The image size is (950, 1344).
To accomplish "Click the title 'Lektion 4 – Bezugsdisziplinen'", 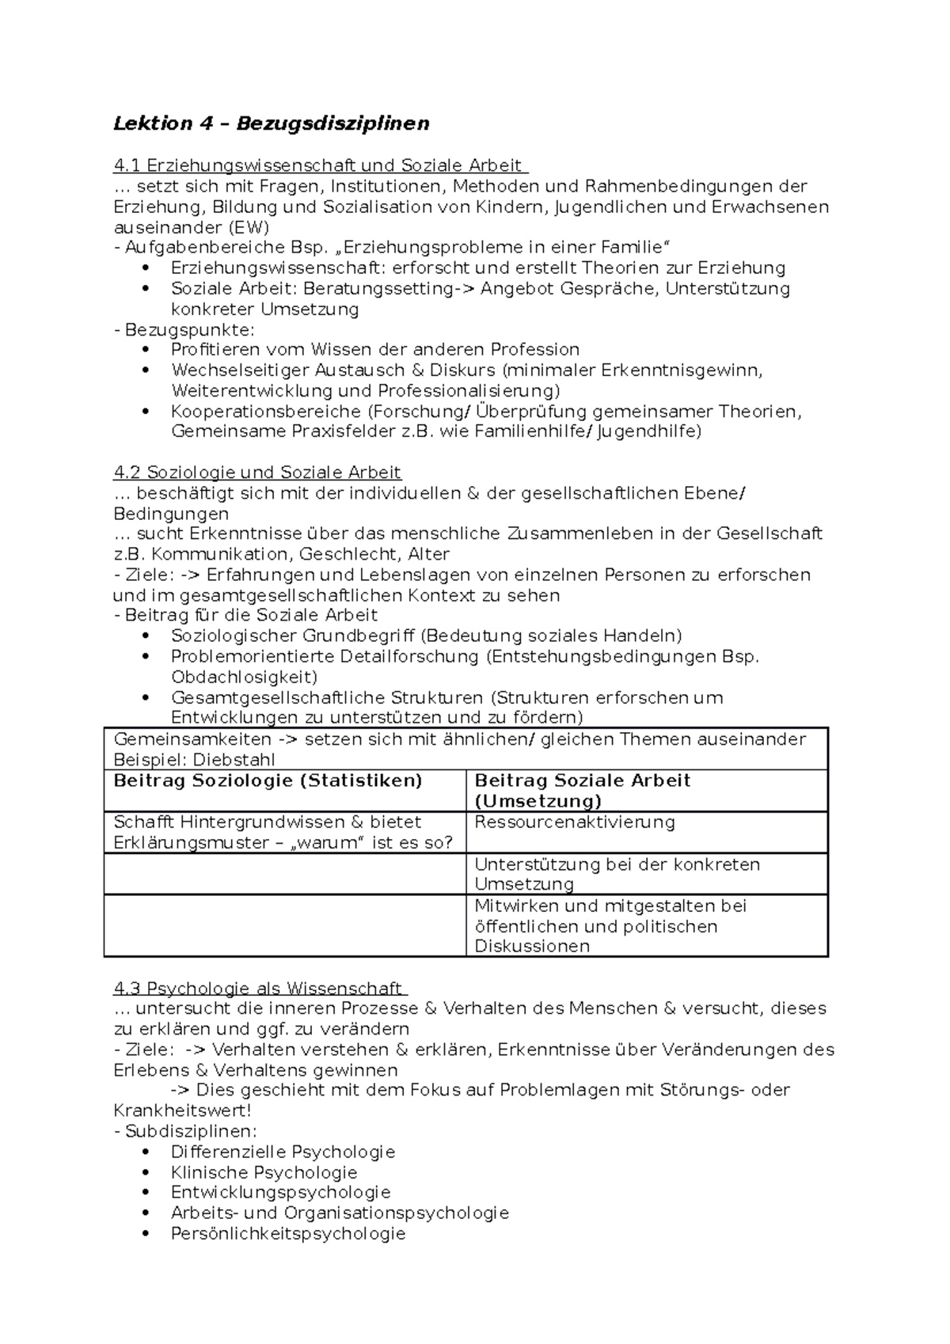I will click(x=271, y=123).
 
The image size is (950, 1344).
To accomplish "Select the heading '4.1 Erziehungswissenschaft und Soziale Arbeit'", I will click(x=319, y=165).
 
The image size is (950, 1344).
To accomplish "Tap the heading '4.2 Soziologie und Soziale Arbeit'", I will click(x=257, y=473).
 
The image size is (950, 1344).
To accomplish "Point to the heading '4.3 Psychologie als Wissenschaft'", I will click(x=259, y=988).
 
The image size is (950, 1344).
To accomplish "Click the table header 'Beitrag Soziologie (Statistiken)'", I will click(x=268, y=780).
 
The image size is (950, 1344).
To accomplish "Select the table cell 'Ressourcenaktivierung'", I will click(x=574, y=822).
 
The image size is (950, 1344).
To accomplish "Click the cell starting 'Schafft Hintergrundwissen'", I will click(x=283, y=832).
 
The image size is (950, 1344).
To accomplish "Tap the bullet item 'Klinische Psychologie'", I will click(x=264, y=1172).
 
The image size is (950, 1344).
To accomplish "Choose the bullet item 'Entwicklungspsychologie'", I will click(x=280, y=1192).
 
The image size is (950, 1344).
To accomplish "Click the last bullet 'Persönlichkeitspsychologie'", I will click(x=288, y=1233).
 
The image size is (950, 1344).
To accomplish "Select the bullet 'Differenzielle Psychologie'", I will click(x=283, y=1152).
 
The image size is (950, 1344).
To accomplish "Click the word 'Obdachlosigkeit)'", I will click(x=244, y=677).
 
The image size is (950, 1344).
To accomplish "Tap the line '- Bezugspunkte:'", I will click(x=184, y=329).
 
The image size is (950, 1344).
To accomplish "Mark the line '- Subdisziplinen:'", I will click(x=185, y=1131).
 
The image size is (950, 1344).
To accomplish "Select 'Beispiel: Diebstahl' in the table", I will click(x=194, y=760).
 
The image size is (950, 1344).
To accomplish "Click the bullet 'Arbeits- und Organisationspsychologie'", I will click(x=340, y=1213).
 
